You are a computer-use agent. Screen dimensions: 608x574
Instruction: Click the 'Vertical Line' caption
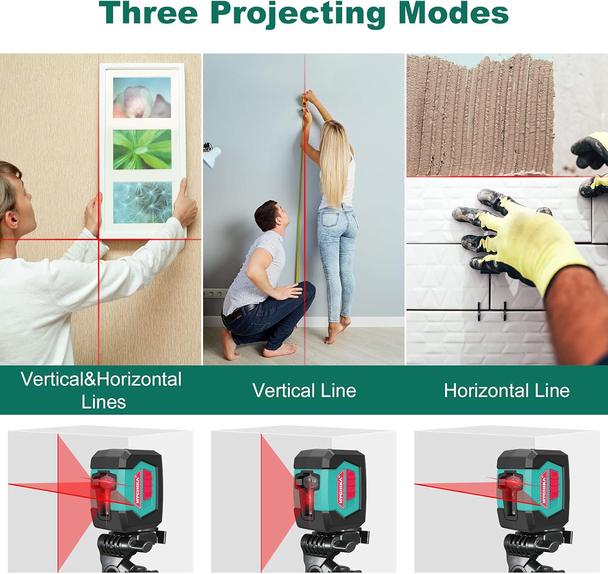[x=304, y=391]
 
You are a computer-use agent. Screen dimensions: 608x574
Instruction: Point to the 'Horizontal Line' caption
[x=507, y=391]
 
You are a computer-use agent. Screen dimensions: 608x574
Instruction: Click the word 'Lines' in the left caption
[x=103, y=402]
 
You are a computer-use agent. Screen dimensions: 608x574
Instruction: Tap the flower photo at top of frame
[x=142, y=97]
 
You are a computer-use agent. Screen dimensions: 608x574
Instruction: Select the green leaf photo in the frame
[x=142, y=150]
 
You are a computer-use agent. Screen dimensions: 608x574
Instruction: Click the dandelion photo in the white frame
[x=143, y=202]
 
